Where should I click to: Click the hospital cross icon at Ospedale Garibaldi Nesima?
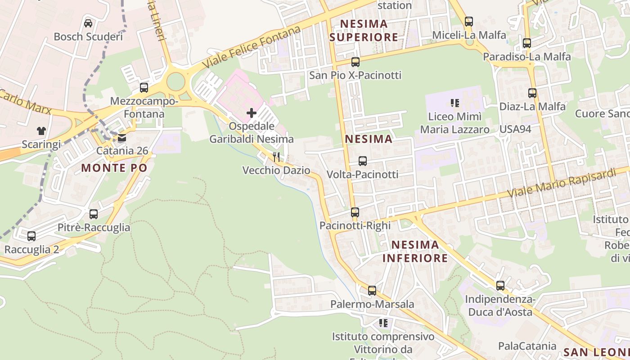252,113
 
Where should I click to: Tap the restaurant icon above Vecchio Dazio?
276,157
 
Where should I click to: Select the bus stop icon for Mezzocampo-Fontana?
144,88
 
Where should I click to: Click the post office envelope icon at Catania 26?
122,138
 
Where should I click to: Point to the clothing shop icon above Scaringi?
41,131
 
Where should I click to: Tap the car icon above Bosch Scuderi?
88,23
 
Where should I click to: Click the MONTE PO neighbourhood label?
114,168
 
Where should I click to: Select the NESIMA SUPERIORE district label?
364,30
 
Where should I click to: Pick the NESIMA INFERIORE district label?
415,251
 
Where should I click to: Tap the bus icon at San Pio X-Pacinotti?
355,62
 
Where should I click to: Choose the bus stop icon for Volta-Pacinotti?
363,161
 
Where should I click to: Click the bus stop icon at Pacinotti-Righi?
355,212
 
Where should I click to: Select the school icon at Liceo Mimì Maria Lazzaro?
455,103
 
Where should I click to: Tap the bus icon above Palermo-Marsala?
372,290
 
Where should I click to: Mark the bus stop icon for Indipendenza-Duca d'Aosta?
500,285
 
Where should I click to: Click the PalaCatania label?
527,346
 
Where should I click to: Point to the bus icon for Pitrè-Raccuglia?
94,214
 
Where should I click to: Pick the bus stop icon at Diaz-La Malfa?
532,93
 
